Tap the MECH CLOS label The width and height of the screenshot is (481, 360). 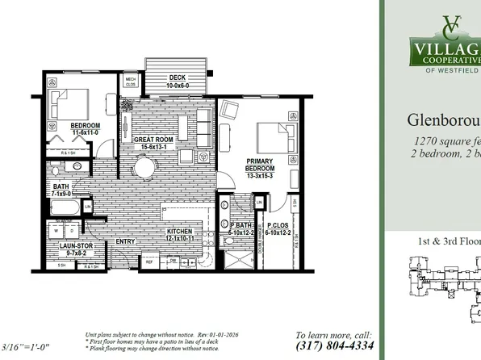(130, 81)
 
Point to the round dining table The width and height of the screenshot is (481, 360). (145, 168)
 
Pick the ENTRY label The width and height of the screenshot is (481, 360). (125, 241)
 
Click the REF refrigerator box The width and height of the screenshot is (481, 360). (149, 262)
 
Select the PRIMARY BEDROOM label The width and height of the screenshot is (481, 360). (260, 166)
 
